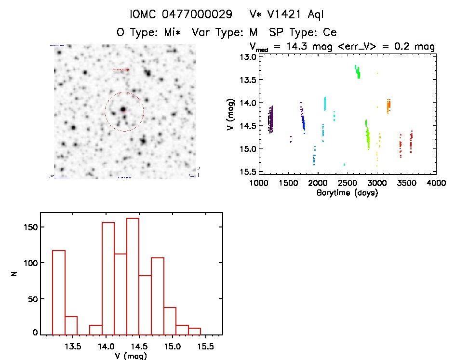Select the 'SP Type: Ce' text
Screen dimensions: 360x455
(x=303, y=32)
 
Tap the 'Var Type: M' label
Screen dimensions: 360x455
(x=225, y=32)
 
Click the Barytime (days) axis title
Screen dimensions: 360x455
(x=347, y=193)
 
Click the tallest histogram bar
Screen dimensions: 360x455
(x=133, y=275)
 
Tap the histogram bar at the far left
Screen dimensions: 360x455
(x=58, y=292)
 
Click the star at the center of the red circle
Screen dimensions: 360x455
(x=123, y=109)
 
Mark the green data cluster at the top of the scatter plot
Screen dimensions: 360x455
(x=357, y=71)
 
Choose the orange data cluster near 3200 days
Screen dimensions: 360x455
(x=388, y=105)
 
